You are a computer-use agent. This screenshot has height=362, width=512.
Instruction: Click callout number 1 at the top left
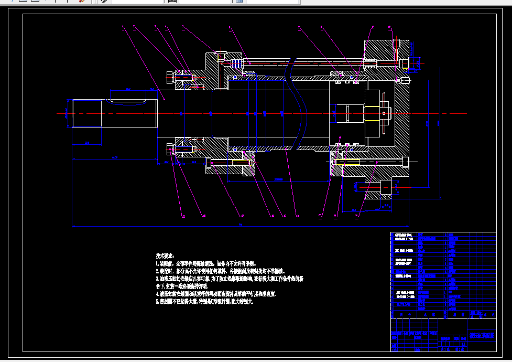122,26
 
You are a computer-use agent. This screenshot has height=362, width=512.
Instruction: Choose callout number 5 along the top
182,26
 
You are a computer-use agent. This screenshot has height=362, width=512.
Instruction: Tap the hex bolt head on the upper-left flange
169,78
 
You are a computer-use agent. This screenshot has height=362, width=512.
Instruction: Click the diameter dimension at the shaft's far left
66,113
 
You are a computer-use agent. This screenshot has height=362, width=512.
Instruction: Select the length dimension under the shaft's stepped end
86,142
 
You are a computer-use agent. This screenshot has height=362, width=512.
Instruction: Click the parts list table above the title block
443,275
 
